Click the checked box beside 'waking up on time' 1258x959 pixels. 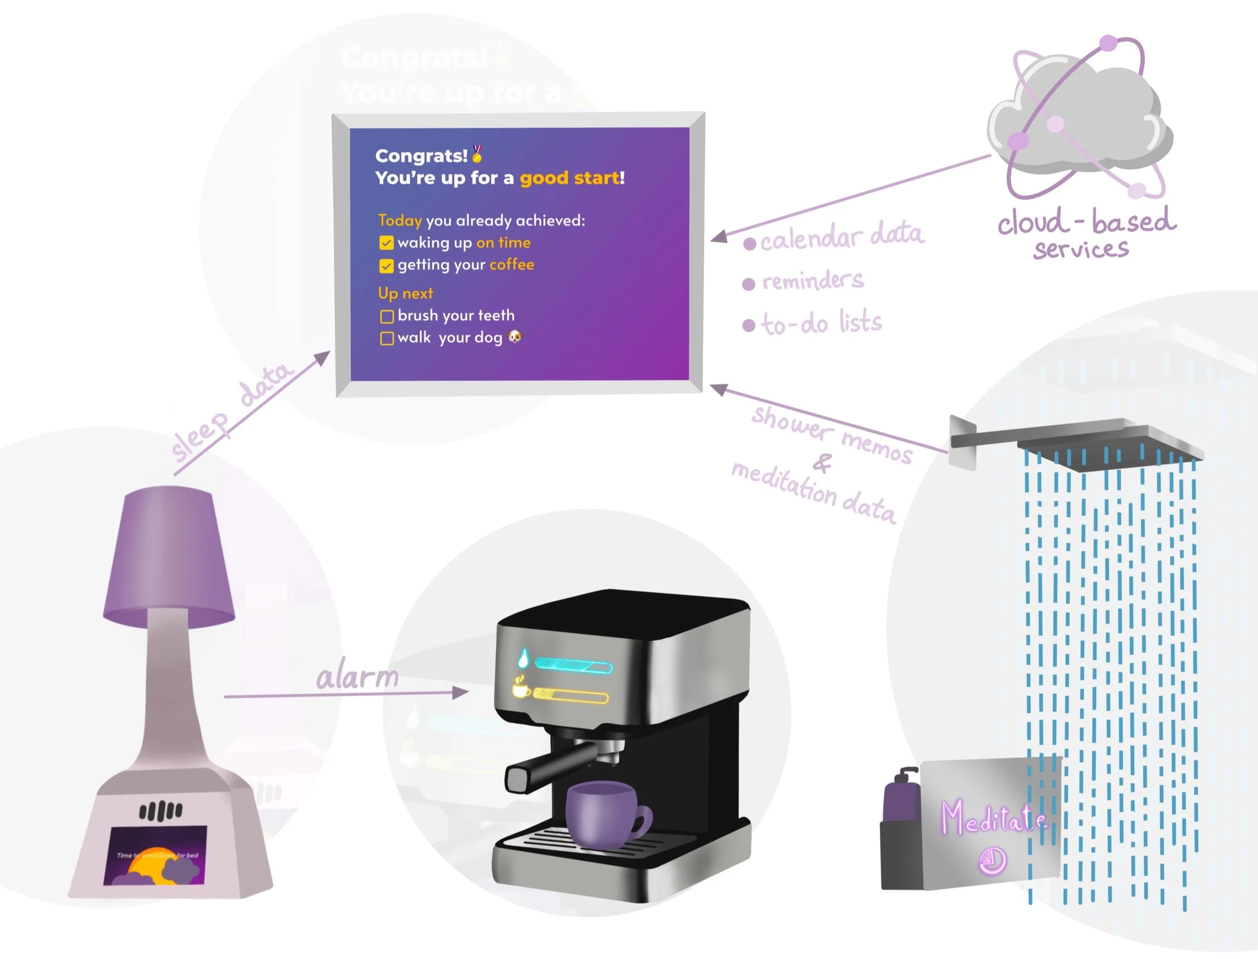386,243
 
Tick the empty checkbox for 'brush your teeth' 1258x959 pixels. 386,316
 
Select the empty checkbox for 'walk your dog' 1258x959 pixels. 386,338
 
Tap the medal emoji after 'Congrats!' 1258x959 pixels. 478,153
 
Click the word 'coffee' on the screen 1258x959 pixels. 512,265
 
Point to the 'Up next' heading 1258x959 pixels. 406,293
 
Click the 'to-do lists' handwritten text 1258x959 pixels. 821,323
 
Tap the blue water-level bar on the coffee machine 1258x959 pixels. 573,666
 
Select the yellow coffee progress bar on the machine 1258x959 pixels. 570,695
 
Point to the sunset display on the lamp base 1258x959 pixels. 155,855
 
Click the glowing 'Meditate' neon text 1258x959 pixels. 992,818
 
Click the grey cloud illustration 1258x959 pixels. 1079,114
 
